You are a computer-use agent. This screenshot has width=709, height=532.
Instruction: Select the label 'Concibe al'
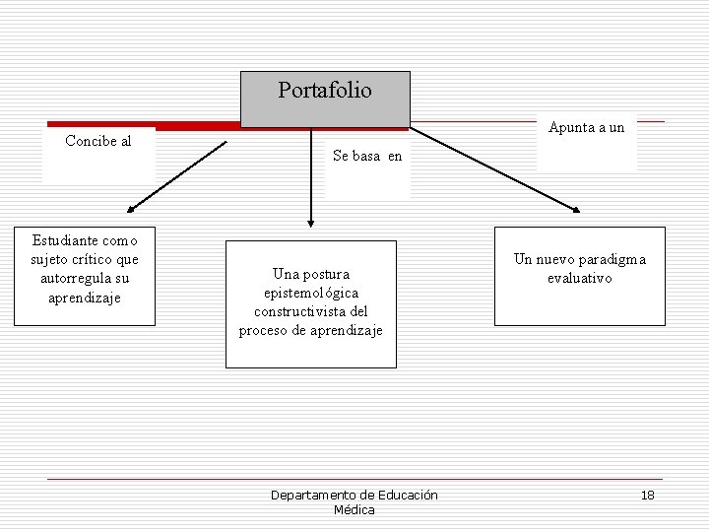(98, 141)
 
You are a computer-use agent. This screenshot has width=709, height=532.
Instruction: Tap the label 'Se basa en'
(367, 156)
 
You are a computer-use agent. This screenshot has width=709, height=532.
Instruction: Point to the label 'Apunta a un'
(587, 127)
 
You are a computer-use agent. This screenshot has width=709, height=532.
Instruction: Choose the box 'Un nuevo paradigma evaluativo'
(580, 276)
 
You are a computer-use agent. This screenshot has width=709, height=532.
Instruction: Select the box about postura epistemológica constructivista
(311, 303)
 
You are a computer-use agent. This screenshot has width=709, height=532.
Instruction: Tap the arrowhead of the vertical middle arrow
(311, 223)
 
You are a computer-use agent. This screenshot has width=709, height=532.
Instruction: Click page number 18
(647, 495)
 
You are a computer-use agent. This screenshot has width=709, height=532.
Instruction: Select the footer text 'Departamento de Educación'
(354, 495)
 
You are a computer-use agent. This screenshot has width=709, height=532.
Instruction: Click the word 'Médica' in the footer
(354, 509)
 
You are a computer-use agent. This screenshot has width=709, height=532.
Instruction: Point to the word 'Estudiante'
(65, 240)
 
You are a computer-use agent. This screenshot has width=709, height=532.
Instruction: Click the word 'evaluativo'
(580, 278)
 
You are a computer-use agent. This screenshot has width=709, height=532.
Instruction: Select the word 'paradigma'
(612, 259)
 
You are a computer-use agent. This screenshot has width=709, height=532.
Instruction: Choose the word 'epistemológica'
(311, 293)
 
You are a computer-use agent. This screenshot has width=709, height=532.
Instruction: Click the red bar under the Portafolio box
(197, 127)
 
